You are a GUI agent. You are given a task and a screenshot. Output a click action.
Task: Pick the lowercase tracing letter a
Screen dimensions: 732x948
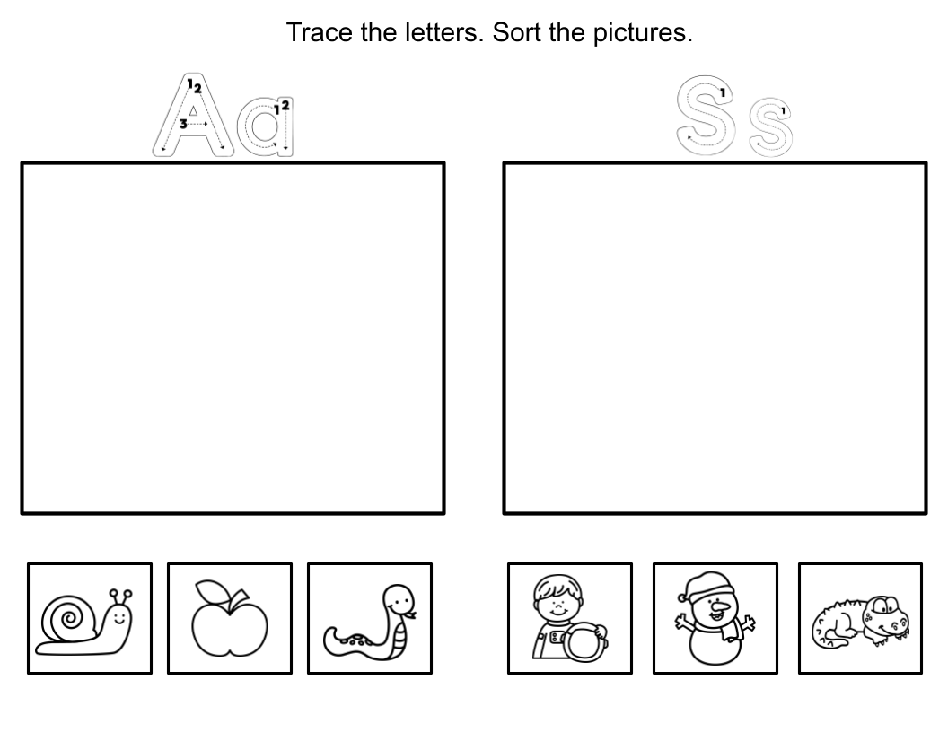[x=264, y=126]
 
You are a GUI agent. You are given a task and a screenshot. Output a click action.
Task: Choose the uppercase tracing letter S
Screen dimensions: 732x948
[x=706, y=115]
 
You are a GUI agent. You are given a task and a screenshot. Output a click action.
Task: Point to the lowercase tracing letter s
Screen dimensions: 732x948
[x=769, y=128]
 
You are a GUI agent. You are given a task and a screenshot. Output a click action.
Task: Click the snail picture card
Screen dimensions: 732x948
[x=90, y=618]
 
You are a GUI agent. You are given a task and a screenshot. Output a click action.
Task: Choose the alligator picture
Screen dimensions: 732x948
[x=860, y=619]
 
